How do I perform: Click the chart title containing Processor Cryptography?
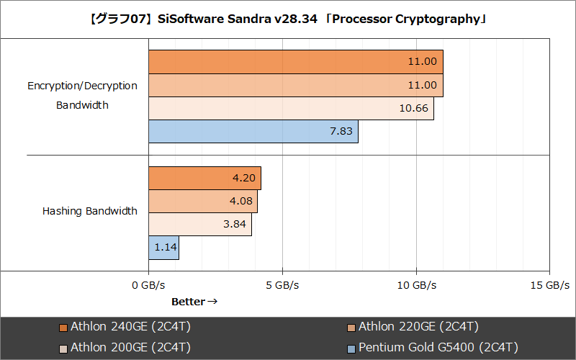point(288,19)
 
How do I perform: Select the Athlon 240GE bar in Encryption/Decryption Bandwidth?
point(295,62)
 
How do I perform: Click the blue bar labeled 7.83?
point(253,131)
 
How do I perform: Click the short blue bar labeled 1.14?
point(163,248)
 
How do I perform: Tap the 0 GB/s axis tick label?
point(148,285)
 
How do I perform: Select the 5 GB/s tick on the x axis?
point(282,285)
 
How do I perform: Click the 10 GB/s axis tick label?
point(416,285)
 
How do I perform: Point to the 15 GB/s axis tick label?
point(549,285)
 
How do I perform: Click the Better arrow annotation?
point(194,302)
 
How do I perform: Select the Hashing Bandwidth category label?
point(89,211)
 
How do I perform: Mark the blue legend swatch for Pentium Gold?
point(351,348)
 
